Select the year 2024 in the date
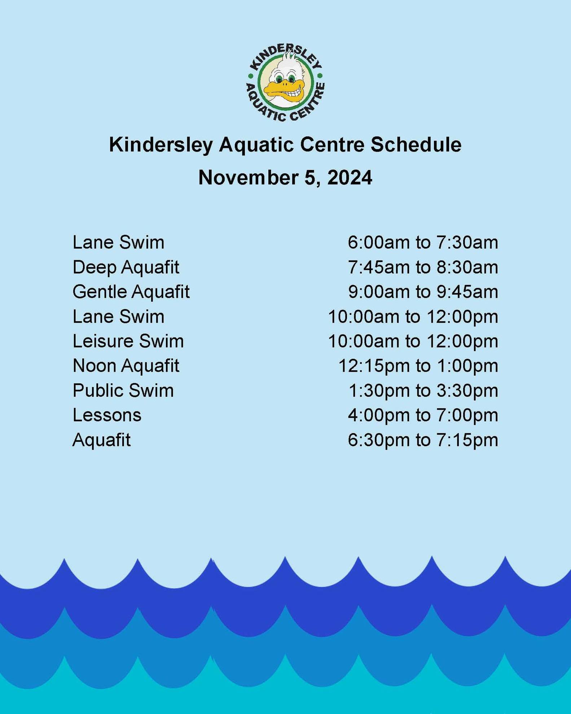click(350, 178)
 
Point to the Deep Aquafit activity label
click(126, 267)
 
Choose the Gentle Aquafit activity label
click(131, 292)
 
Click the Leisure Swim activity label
click(128, 341)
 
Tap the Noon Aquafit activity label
click(126, 366)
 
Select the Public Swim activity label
click(123, 391)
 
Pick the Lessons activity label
click(107, 415)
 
